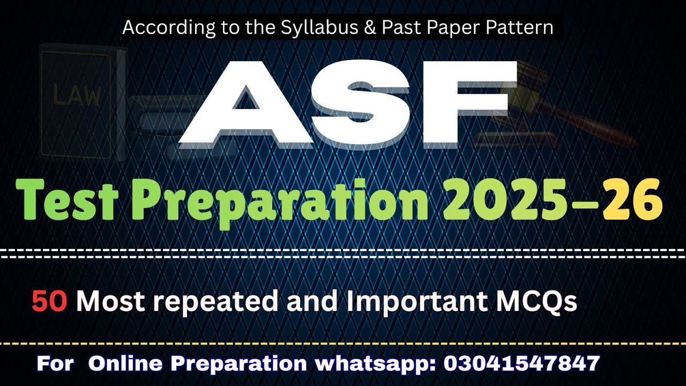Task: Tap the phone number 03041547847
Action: pos(521,363)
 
